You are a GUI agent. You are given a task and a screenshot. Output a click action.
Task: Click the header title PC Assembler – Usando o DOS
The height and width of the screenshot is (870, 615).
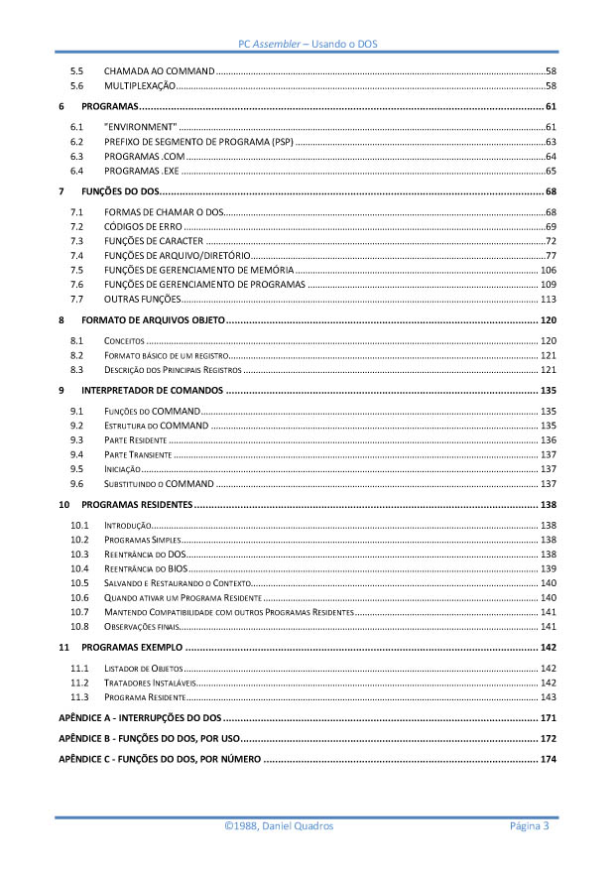pos(307,45)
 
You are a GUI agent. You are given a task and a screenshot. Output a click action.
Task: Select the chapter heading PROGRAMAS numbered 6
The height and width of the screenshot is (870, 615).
pos(109,106)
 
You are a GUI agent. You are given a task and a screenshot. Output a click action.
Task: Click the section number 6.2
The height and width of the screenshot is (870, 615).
pos(76,142)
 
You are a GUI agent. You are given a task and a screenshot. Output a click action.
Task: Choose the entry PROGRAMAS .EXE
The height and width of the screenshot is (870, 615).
pos(141,171)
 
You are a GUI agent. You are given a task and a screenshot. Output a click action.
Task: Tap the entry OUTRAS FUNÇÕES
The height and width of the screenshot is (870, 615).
pos(142,299)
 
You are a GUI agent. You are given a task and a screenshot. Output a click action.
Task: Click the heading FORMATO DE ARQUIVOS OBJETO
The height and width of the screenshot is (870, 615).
pos(153,320)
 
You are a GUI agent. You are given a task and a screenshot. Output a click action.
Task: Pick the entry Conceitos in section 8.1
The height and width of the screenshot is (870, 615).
pos(124,341)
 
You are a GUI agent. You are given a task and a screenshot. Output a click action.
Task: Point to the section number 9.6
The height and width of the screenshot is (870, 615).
pos(76,483)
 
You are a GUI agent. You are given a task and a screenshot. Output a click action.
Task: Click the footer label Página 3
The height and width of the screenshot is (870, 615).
pos(530,826)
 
